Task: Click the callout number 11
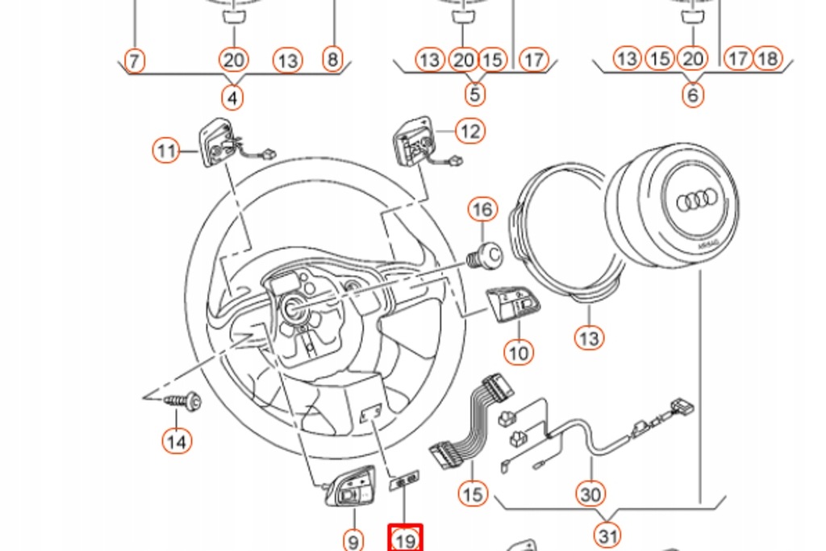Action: click(166, 150)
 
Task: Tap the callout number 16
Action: click(482, 211)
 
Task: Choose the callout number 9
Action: click(353, 540)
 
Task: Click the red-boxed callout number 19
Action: click(405, 539)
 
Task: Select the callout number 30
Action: click(590, 493)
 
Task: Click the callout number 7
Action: click(134, 60)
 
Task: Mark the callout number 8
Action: click(332, 59)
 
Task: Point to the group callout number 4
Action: click(232, 98)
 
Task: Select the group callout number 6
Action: click(692, 95)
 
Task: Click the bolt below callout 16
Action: click(486, 255)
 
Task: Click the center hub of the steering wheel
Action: click(291, 307)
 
